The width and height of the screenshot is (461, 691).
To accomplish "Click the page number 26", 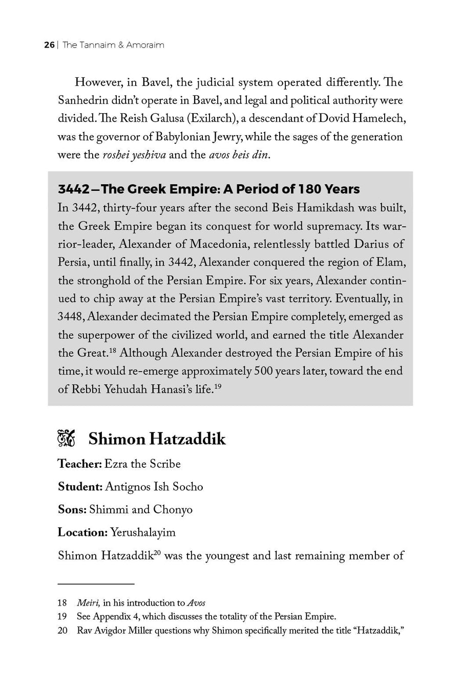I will coord(49,45).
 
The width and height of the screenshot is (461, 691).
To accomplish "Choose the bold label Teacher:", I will coord(79,464).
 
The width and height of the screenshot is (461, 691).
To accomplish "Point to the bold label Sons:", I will coord(72,510).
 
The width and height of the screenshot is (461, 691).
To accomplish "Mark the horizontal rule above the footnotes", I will coord(96,583).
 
